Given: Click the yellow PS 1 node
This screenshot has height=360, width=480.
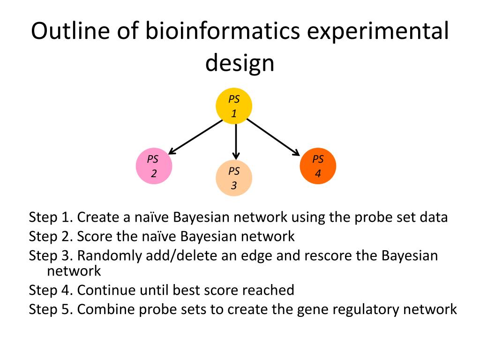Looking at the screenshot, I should [234, 106].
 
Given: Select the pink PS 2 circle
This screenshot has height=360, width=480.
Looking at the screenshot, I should [153, 167].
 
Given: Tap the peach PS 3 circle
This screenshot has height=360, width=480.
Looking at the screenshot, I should [234, 179].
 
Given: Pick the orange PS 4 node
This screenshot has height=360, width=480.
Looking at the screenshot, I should [318, 166].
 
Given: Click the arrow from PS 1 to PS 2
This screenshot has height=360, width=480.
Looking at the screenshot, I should [196, 136].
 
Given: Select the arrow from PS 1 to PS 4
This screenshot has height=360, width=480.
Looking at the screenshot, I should [273, 136].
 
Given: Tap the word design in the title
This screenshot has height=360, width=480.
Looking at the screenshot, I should [240, 63].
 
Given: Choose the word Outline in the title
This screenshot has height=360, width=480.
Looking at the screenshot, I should [63, 31].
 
